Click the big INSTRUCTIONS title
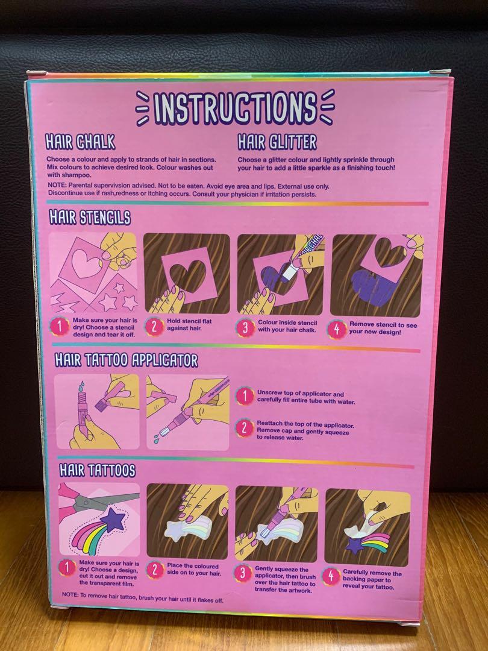235,108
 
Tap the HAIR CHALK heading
80,142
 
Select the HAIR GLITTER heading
277,142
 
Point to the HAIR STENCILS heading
90,217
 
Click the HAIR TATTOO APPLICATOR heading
127,360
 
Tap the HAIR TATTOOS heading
98,470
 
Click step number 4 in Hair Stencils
337,330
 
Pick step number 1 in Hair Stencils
59,327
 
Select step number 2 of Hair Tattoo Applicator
245,428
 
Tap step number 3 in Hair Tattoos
243,573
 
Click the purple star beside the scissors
113,520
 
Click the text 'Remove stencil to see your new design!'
383,329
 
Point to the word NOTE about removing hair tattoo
70,594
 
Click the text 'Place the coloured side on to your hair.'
193,570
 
